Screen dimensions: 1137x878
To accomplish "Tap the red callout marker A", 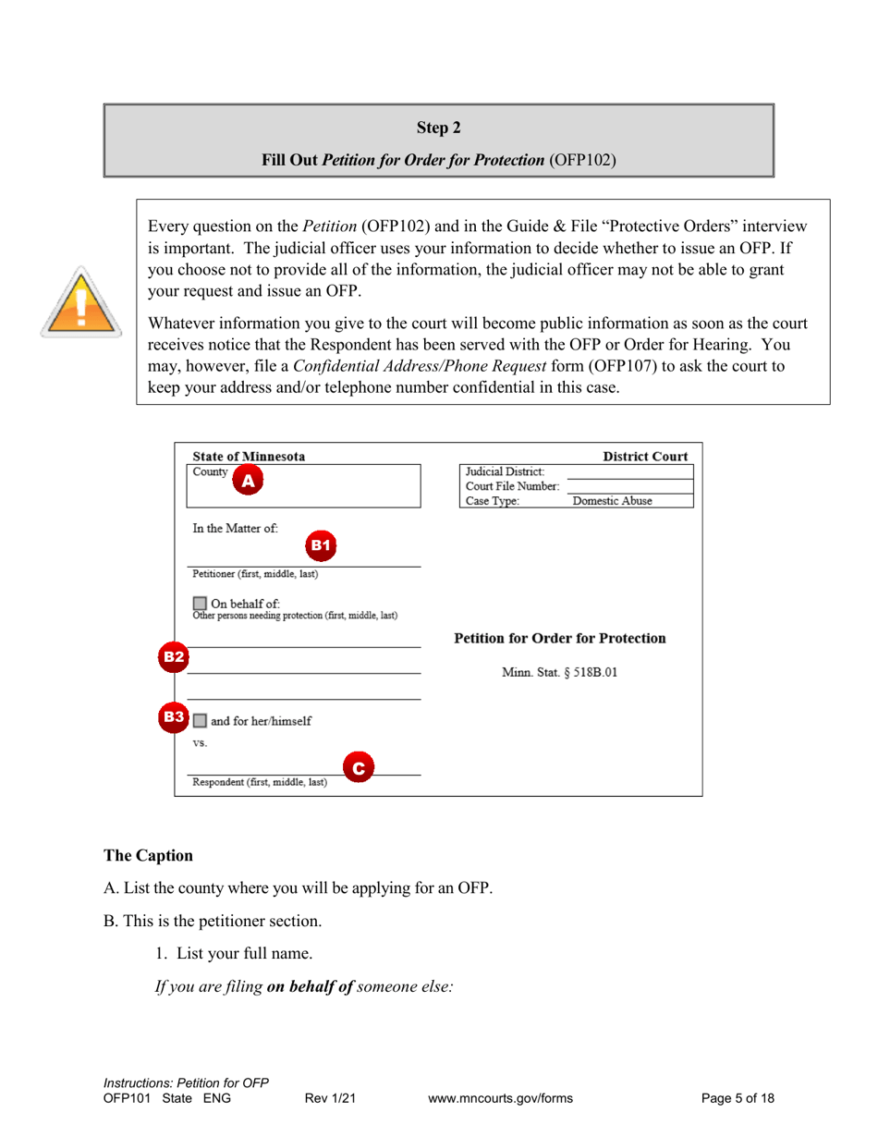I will (248, 480).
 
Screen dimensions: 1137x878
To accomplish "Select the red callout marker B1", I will (320, 545).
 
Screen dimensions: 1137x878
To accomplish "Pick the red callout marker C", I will (359, 767).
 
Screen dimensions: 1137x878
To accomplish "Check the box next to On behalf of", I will (200, 604).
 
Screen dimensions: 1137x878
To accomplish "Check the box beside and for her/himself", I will (200, 721).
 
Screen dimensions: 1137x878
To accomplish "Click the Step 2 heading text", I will (438, 128).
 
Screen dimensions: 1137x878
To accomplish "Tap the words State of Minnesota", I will (249, 457).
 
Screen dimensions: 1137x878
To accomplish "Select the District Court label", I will (645, 457).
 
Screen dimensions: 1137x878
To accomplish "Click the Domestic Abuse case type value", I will (612, 501).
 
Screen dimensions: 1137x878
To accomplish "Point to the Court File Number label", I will (512, 486).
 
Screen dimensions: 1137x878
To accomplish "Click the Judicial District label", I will (505, 471).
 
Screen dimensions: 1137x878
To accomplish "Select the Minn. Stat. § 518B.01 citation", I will (559, 673).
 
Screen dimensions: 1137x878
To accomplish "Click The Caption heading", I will (148, 856).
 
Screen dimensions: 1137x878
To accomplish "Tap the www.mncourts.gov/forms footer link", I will (501, 1099).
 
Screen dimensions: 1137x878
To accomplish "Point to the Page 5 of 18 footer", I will (738, 1099).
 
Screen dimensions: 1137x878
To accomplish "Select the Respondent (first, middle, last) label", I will (259, 782).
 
